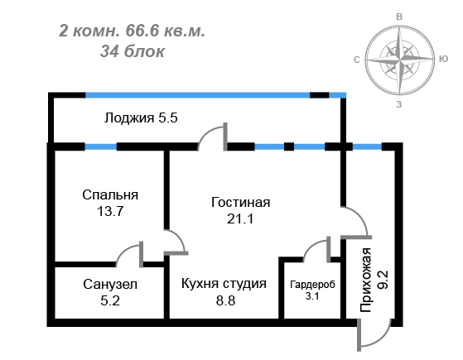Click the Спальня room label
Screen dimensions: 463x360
(110, 195)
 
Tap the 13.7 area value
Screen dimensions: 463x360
(110, 211)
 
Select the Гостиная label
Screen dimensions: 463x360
(241, 203)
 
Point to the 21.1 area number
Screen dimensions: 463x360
(240, 219)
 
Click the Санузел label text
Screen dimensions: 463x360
(110, 285)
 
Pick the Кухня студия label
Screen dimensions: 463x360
(224, 284)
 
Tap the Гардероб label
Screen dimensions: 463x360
(313, 285)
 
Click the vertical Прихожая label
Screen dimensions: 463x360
(366, 280)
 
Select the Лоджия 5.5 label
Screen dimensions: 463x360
(141, 118)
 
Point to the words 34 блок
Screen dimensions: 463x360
(133, 51)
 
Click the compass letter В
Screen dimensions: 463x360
(399, 17)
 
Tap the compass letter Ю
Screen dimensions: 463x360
(443, 59)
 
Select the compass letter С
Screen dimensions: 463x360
(357, 60)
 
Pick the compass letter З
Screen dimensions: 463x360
(399, 104)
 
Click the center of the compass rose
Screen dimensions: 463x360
(399, 60)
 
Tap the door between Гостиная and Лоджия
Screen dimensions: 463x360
(207, 131)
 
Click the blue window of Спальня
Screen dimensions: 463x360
(101, 146)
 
